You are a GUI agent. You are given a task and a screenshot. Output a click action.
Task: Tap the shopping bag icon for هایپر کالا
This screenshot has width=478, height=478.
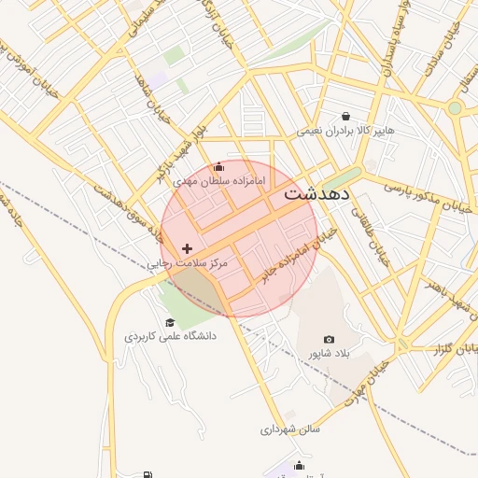[345, 116]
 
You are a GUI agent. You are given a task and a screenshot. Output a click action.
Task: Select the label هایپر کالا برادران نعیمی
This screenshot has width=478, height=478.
[345, 131]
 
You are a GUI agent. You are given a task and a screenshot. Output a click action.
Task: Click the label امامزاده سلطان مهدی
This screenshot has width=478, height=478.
[219, 178]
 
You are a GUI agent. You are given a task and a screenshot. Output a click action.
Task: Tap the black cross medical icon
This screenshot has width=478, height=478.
[188, 248]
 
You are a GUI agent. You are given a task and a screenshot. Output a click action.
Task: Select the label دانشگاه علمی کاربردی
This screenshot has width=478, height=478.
[170, 335]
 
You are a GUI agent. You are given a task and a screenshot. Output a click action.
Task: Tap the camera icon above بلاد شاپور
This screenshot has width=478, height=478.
[329, 339]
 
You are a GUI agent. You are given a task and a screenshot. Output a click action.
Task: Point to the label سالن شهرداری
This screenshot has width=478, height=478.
[290, 430]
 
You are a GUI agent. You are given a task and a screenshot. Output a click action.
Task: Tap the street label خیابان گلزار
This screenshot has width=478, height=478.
[452, 348]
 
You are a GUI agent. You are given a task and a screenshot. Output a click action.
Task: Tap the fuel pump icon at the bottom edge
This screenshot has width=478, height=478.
[147, 474]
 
